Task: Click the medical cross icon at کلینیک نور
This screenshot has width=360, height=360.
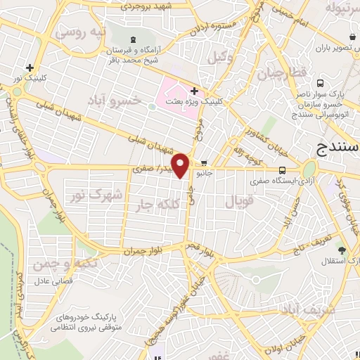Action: tap(30, 68)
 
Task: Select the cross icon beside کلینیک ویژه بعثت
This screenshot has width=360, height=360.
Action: tap(194, 91)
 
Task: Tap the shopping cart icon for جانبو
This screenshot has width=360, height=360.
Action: tap(204, 161)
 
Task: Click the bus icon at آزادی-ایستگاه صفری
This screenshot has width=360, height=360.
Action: tap(282, 169)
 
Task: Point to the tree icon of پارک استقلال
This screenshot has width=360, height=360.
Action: tap(342, 250)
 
